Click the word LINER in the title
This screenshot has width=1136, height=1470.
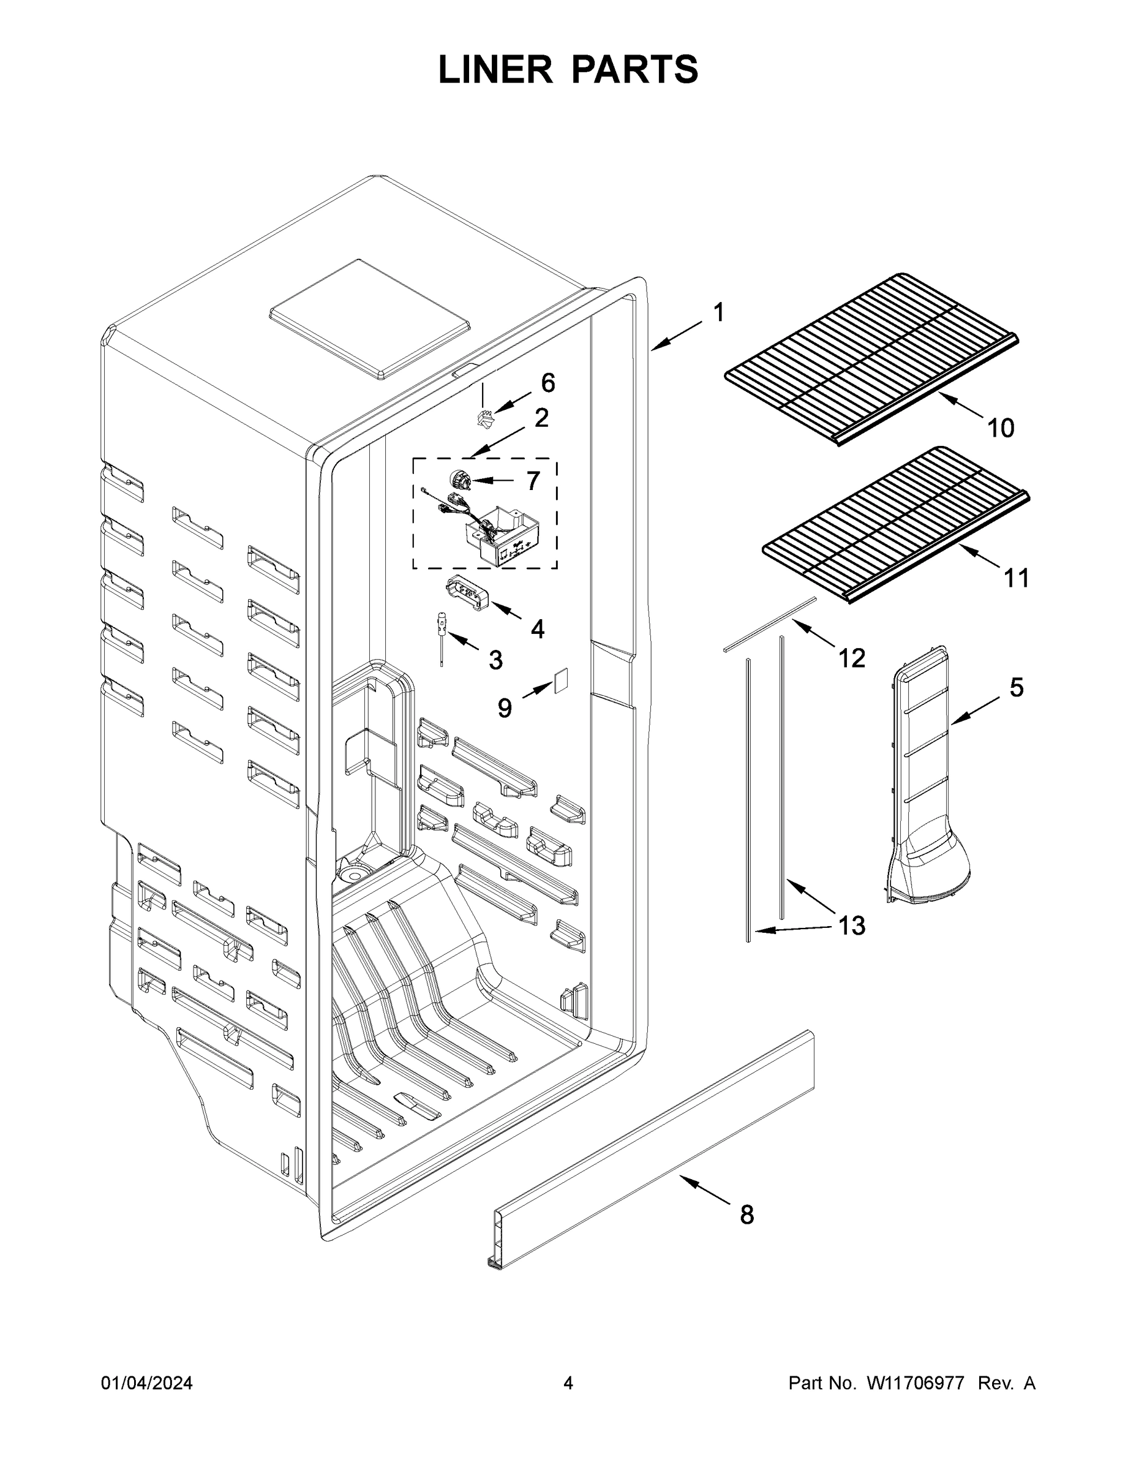(x=495, y=70)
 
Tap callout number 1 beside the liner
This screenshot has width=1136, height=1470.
(x=719, y=313)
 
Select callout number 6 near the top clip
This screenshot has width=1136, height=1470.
(x=548, y=383)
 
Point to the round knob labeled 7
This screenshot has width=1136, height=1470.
(x=458, y=481)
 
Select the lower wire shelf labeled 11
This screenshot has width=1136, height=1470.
(x=895, y=525)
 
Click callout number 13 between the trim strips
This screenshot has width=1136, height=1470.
(x=851, y=925)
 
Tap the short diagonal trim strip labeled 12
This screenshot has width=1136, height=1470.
(x=769, y=624)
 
